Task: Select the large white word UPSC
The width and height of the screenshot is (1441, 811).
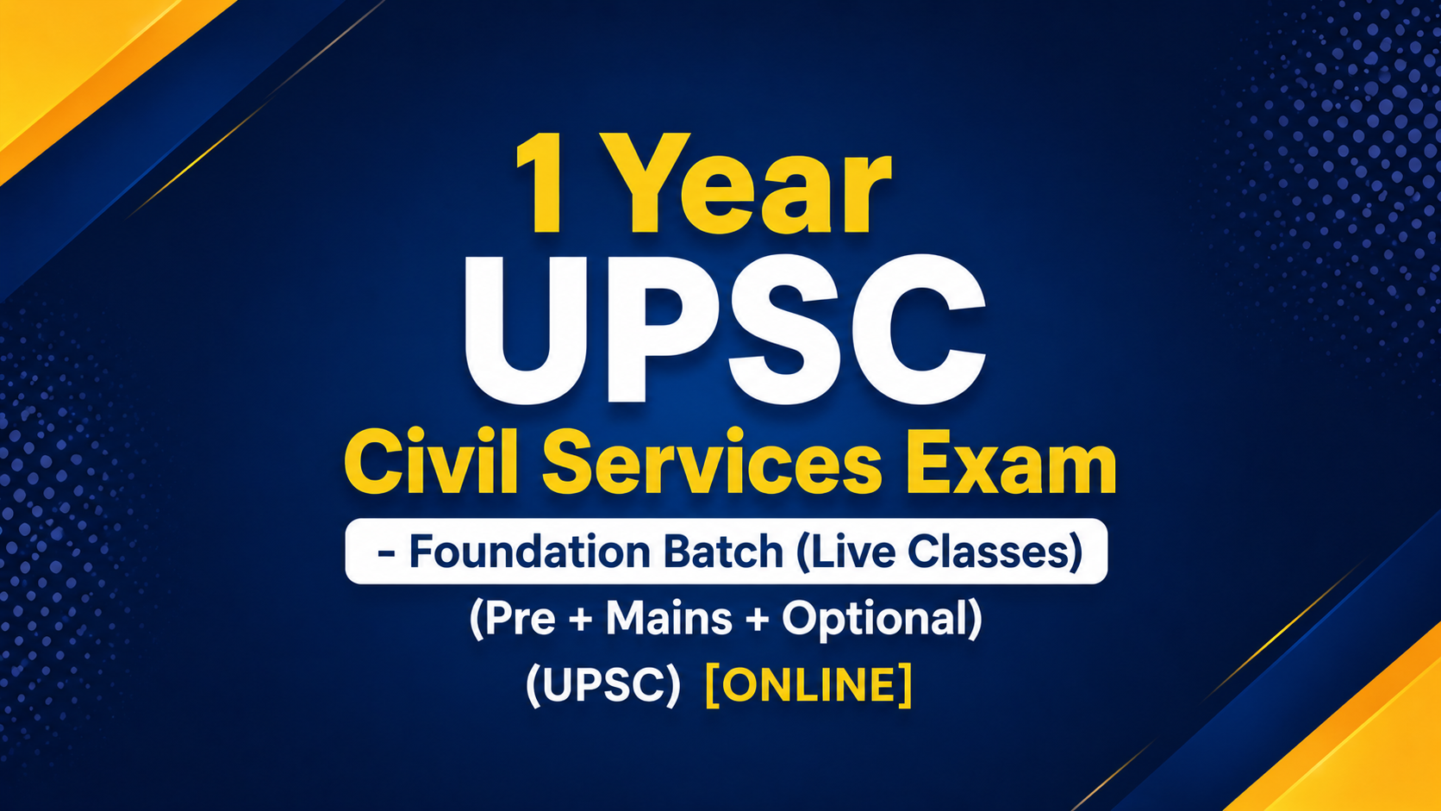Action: (x=725, y=330)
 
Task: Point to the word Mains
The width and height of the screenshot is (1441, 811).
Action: (x=669, y=618)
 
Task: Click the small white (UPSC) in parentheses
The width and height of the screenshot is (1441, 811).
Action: (x=602, y=685)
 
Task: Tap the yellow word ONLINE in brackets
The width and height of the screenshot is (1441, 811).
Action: (x=808, y=685)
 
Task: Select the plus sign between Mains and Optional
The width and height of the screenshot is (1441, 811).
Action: (x=758, y=620)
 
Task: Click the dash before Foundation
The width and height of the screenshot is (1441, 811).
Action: (x=386, y=554)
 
